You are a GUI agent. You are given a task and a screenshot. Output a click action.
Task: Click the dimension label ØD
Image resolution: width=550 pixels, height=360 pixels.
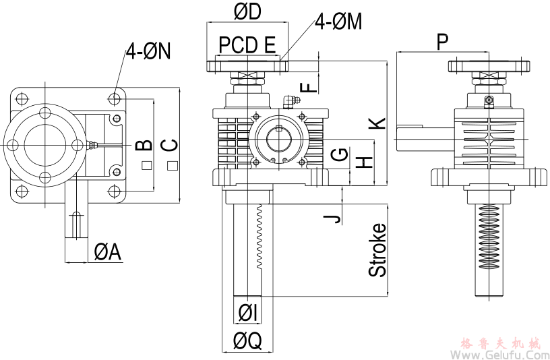(x=247, y=11)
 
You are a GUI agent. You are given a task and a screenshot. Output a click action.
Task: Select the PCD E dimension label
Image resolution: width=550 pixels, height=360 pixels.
(x=247, y=45)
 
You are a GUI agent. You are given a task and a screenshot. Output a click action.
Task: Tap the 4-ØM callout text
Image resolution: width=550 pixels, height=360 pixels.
(x=338, y=22)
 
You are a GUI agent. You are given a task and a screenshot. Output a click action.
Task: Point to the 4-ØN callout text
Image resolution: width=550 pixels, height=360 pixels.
(x=148, y=52)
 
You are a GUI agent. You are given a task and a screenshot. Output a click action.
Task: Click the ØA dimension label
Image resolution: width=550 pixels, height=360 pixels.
(x=107, y=252)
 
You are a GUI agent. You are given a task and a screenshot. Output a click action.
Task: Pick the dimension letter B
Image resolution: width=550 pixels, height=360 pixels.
(x=144, y=145)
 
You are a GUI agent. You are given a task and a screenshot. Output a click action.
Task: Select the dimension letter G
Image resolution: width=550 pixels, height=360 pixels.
(x=342, y=155)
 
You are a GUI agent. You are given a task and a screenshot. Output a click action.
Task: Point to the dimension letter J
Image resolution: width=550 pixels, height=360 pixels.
(x=330, y=218)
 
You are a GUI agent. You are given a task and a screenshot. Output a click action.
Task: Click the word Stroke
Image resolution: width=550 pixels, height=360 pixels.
(x=378, y=249)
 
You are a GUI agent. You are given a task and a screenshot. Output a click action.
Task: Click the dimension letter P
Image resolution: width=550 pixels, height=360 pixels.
(x=442, y=42)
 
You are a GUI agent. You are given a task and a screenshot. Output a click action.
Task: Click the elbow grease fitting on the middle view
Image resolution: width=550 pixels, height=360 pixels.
(x=289, y=101)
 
